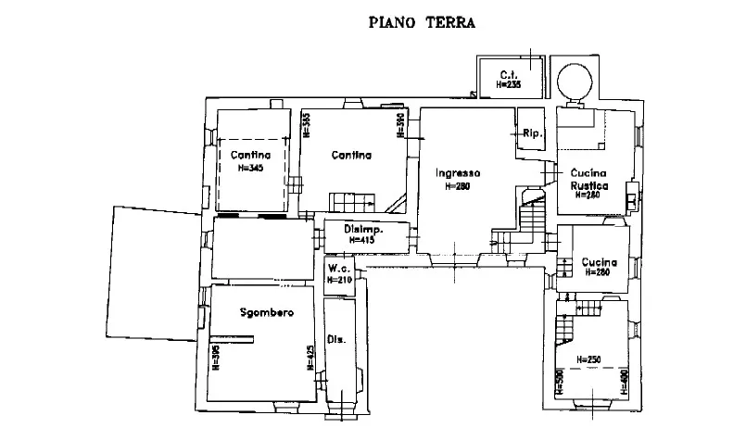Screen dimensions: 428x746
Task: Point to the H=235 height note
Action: tap(509, 84)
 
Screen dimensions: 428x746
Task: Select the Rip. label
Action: tap(531, 132)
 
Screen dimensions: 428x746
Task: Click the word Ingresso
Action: tap(458, 173)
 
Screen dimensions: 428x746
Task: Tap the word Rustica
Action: tap(589, 185)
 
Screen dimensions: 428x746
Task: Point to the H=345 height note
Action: tap(251, 168)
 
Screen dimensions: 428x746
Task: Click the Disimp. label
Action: tap(363, 229)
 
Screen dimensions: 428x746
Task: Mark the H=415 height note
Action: tap(362, 240)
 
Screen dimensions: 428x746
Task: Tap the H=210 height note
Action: tap(339, 279)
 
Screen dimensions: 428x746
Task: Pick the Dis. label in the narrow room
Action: tap(335, 341)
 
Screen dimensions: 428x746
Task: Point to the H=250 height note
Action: tap(588, 359)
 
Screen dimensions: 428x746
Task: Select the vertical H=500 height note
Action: tap(561, 380)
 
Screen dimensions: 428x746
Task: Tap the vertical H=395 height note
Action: tap(216, 357)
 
